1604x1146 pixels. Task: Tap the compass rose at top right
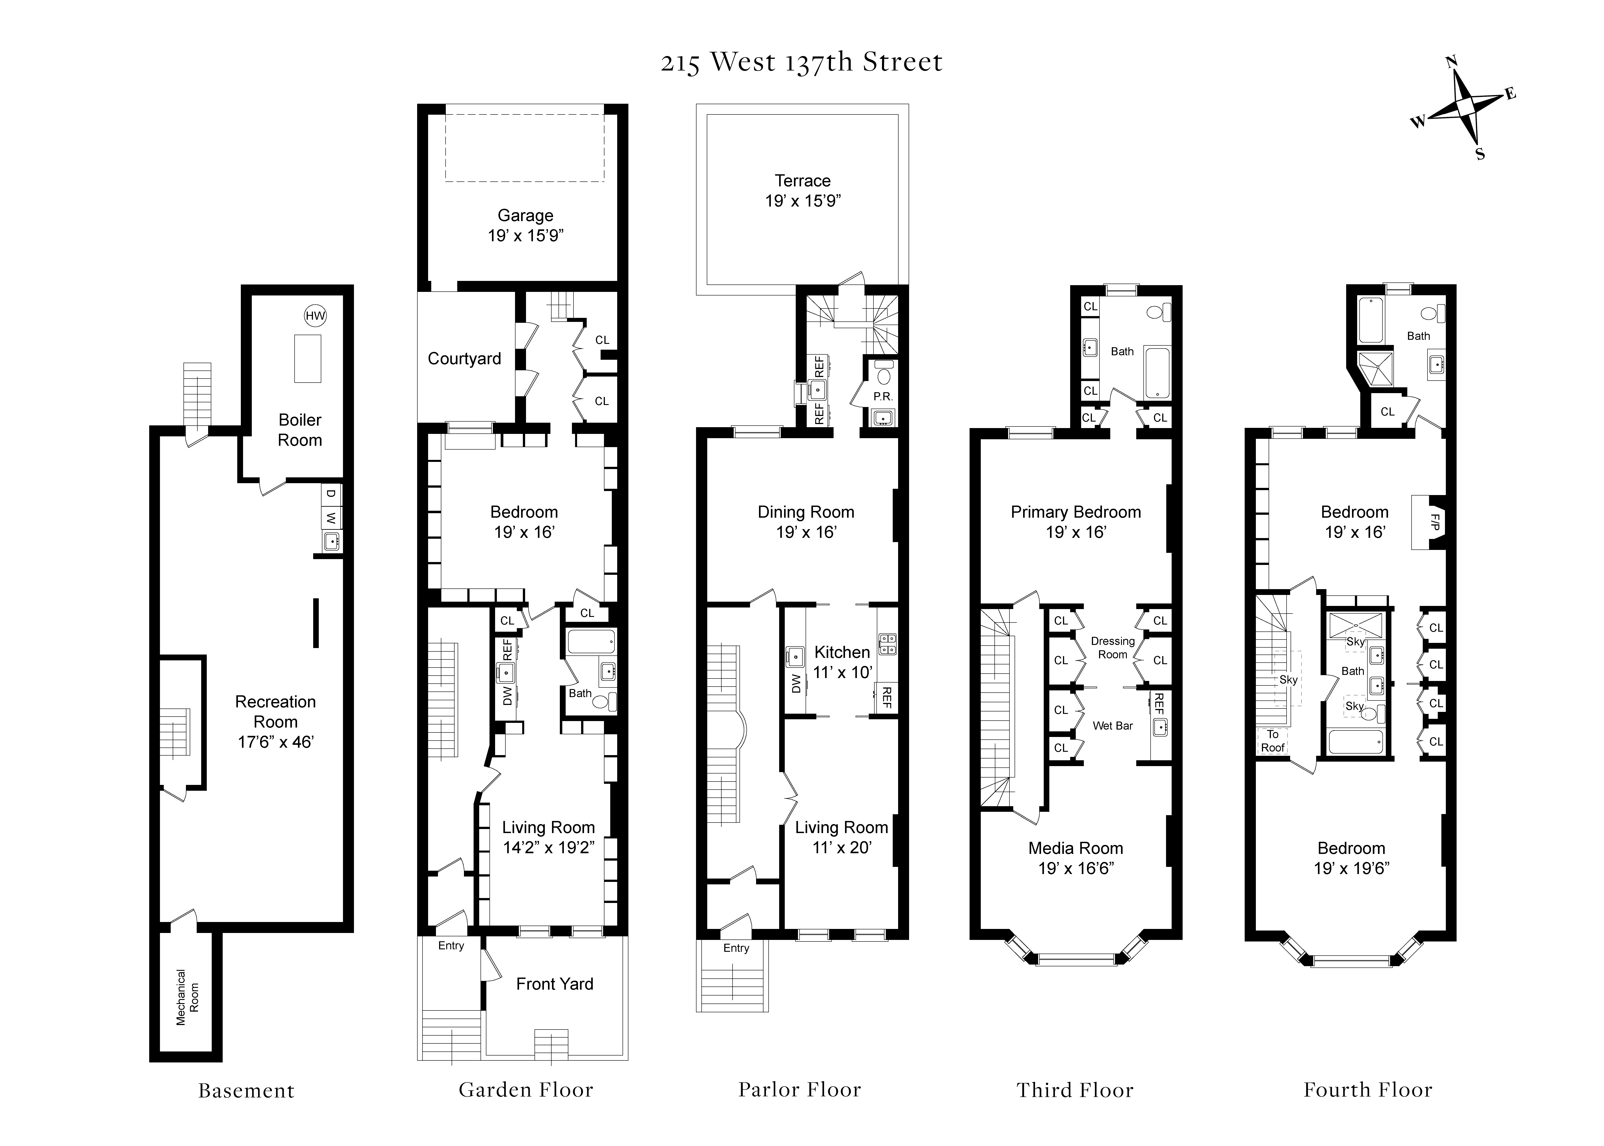1464,107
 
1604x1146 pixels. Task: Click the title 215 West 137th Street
801,62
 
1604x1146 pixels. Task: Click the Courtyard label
464,358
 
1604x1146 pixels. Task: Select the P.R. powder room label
883,396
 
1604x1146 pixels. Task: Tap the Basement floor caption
246,1091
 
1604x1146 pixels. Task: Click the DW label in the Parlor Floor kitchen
796,683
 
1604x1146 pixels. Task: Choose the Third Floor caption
1075,1090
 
